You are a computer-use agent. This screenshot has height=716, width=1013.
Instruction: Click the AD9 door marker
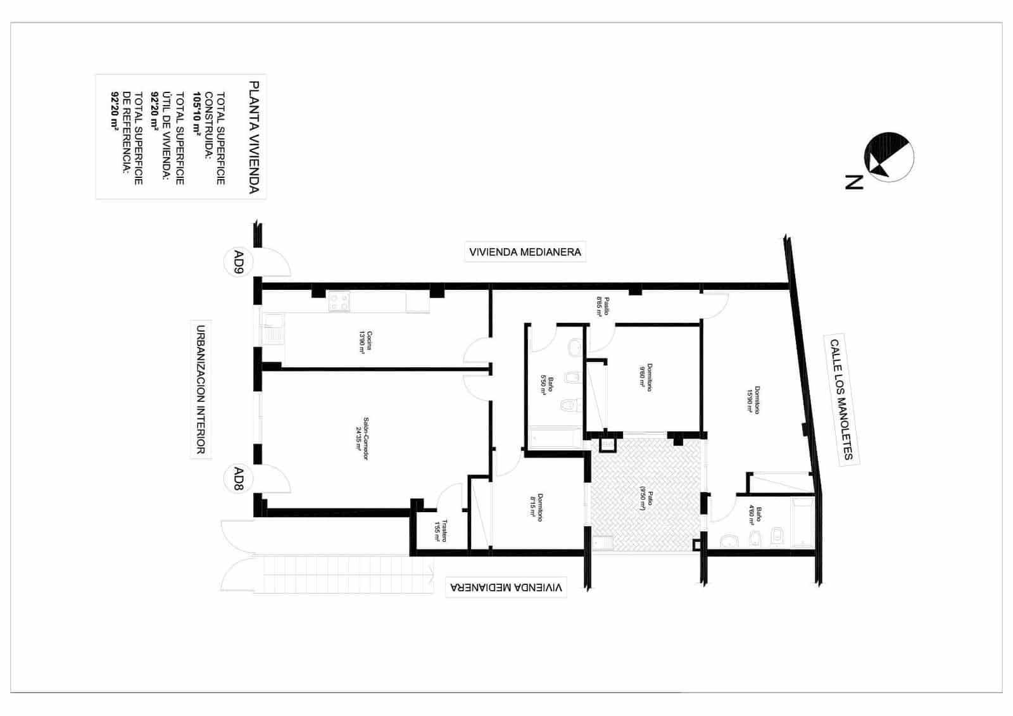[239, 261]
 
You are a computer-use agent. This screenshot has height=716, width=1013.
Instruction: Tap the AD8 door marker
[239, 479]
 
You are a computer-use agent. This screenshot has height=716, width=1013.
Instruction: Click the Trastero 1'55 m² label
[441, 531]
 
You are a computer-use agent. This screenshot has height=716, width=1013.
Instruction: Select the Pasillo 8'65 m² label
[602, 306]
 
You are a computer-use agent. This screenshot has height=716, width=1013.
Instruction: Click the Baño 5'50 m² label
[547, 385]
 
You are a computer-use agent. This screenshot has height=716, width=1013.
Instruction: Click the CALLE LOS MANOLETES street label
[842, 399]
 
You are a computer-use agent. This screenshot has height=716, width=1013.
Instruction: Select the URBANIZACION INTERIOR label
[200, 389]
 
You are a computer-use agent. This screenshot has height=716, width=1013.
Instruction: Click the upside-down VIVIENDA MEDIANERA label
[505, 587]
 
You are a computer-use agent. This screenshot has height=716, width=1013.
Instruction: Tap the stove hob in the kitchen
[339, 301]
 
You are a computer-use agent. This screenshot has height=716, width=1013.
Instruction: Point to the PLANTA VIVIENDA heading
[254, 137]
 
